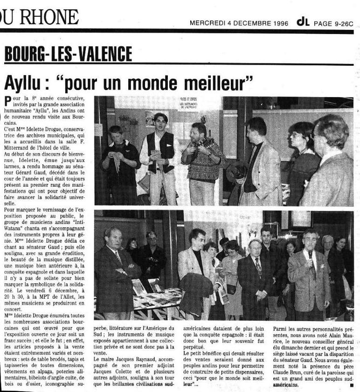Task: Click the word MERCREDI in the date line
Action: pyautogui.click(x=208, y=22)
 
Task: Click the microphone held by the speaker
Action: pyautogui.click(x=310, y=254)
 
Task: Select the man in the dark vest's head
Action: pyautogui.click(x=160, y=119)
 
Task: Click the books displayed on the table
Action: pyautogui.click(x=145, y=287)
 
